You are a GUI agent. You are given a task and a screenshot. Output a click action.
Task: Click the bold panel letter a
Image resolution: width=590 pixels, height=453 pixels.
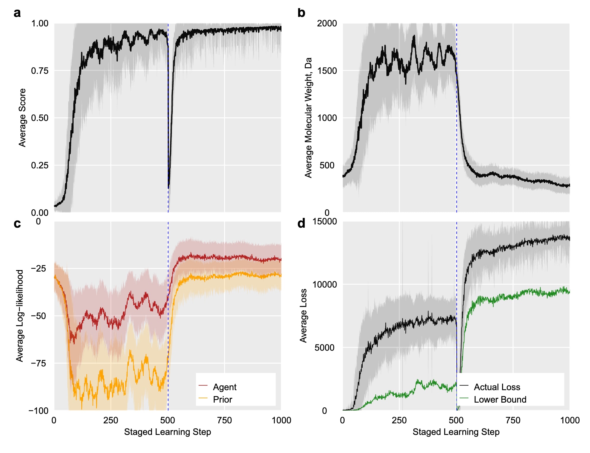click(17, 13)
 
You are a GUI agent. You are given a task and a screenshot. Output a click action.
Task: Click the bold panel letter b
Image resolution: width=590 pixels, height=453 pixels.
click(301, 13)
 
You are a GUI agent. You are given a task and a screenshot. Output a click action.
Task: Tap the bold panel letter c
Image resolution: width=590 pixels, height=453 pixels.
click(17, 224)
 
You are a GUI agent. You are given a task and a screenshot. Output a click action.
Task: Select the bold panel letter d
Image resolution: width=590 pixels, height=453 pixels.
click(301, 224)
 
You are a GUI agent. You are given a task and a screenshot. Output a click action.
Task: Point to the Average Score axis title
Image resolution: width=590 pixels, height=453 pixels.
click(22, 118)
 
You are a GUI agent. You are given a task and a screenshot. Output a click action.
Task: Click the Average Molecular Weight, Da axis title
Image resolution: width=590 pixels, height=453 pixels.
click(308, 118)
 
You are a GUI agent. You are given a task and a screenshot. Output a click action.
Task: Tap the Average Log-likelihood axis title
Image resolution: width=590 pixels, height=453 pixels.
click(20, 316)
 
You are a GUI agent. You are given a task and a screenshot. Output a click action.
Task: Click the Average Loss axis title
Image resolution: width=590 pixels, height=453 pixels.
click(303, 316)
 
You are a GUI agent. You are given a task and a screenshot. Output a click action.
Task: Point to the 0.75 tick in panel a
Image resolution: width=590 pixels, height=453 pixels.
click(40, 71)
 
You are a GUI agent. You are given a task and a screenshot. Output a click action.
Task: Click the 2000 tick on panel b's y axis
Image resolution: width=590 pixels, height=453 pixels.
click(327, 23)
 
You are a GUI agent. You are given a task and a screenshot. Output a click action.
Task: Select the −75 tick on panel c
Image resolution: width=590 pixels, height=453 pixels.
click(39, 363)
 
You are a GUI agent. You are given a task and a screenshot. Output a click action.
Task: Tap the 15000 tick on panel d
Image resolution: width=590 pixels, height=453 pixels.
click(324, 221)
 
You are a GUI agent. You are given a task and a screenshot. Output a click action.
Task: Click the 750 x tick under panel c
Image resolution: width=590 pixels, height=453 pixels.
click(224, 420)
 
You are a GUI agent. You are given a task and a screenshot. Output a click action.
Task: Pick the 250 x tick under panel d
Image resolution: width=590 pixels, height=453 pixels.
click(399, 420)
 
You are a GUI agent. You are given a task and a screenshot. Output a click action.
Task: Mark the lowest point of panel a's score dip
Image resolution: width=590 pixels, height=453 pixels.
click(169, 188)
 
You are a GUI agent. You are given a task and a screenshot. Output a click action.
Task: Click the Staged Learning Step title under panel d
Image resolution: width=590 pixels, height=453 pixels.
click(456, 432)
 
